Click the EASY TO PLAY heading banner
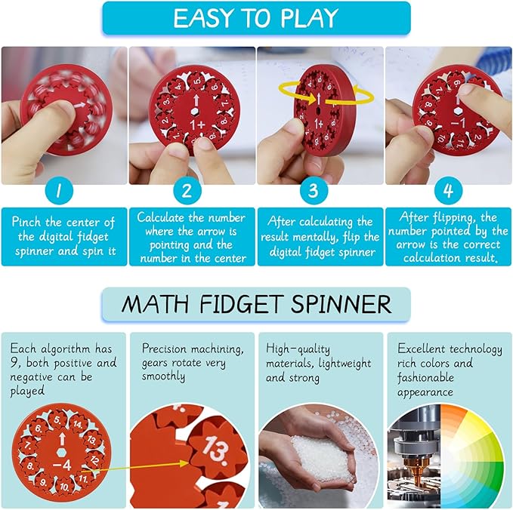pyautogui.click(x=256, y=18)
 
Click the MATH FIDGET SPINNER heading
pyautogui.click(x=256, y=305)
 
